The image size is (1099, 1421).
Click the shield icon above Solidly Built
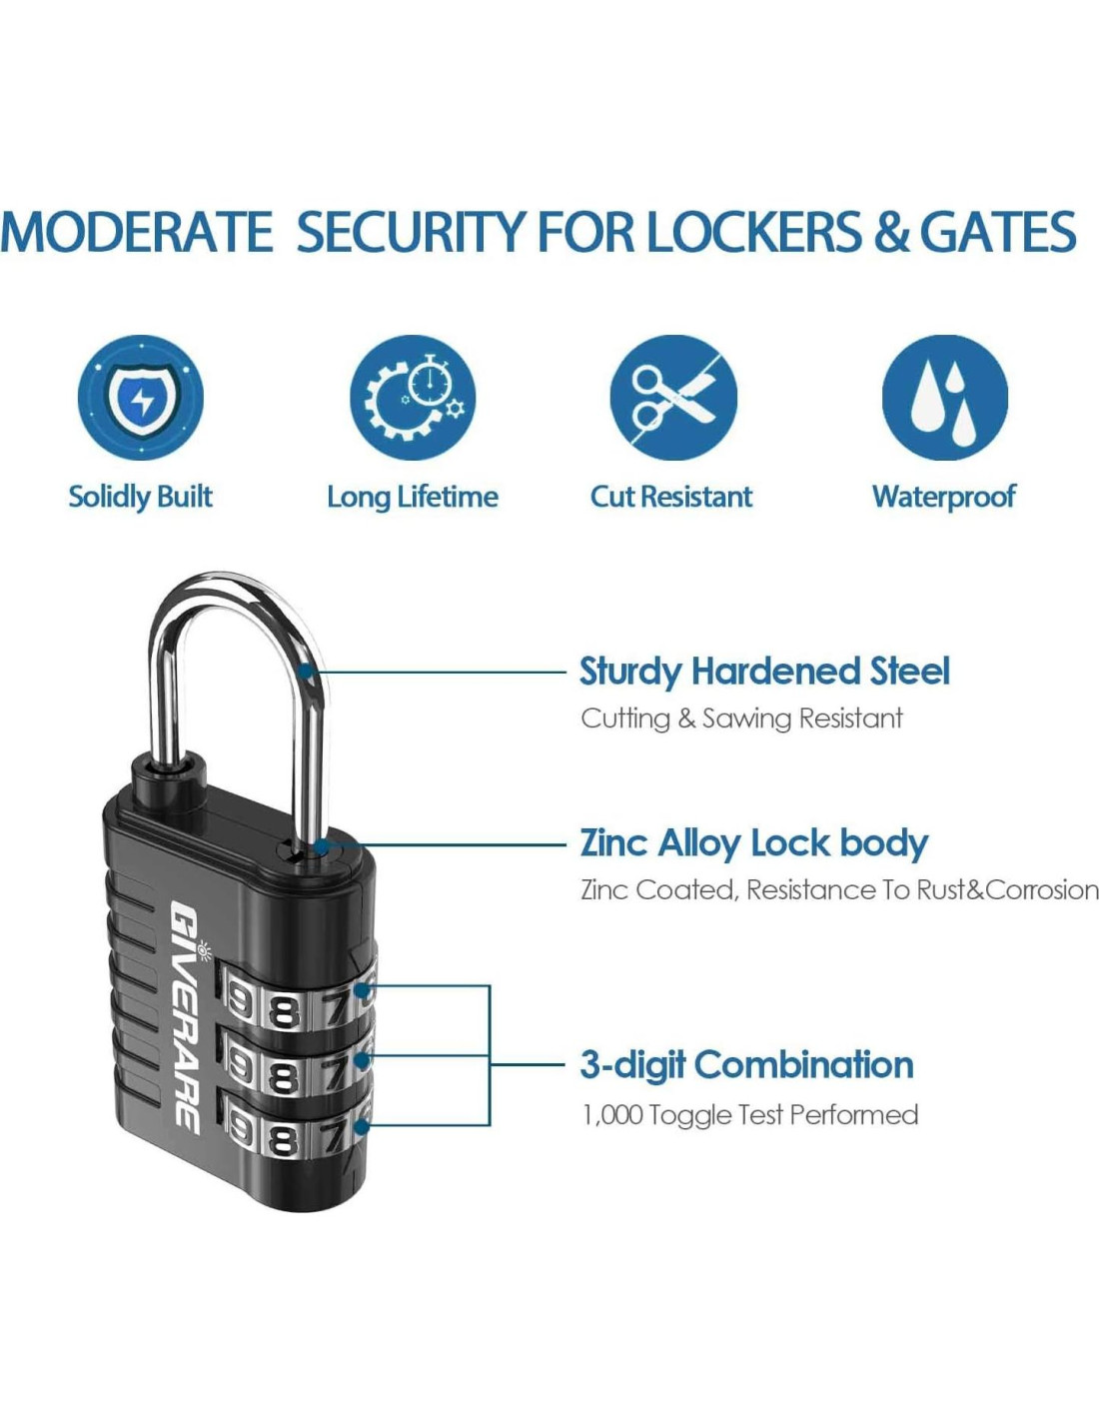(x=141, y=398)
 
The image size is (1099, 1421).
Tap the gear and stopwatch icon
(x=413, y=398)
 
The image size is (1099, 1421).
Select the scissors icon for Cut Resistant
(x=673, y=398)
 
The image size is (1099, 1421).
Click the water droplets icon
(x=944, y=398)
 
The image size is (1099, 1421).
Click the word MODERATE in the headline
(x=137, y=233)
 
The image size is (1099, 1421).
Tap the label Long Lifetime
(x=412, y=497)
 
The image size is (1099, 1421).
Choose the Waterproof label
(x=943, y=497)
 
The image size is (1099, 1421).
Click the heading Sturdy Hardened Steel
(x=764, y=672)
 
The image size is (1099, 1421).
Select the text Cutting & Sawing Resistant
(x=741, y=718)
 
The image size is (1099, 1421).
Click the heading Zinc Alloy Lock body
(x=754, y=843)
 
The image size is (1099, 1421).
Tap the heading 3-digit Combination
(x=746, y=1065)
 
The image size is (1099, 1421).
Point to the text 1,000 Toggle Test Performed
(x=749, y=1115)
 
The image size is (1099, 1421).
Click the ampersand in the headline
(x=890, y=233)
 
